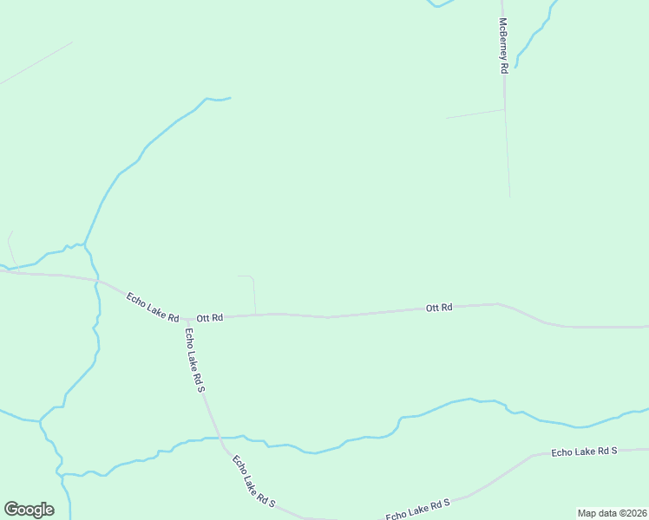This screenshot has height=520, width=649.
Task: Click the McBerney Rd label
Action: [502, 46]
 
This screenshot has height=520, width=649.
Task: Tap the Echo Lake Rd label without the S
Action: [152, 306]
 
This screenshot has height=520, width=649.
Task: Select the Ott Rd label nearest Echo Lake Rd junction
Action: [210, 318]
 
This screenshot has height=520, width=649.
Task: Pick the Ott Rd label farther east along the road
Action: [439, 308]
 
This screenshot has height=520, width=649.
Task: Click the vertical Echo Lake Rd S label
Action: [194, 360]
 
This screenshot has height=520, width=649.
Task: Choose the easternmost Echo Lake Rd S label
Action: [584, 452]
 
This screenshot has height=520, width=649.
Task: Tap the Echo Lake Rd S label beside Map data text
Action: [418, 510]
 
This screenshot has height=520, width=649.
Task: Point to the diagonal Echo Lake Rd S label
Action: [253, 482]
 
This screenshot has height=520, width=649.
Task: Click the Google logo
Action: [29, 510]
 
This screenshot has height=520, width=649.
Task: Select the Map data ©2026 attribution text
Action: [612, 513]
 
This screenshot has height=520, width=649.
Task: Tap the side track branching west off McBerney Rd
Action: [475, 114]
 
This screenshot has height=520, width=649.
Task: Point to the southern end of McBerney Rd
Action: [509, 195]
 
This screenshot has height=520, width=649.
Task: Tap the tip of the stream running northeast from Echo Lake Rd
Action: [229, 98]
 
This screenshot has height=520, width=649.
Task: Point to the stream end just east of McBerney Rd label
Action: [516, 66]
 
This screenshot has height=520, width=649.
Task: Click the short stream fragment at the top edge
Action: [441, 4]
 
